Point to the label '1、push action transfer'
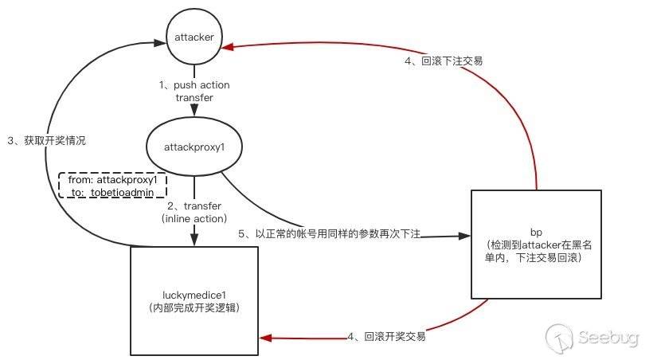(194, 91)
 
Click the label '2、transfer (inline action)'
(194, 212)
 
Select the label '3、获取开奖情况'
(46, 140)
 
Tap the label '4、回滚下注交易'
(444, 61)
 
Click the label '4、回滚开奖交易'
(386, 336)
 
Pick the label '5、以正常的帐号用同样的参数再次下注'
(329, 233)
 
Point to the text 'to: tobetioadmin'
(112, 192)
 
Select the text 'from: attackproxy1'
(112, 180)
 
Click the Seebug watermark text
(608, 337)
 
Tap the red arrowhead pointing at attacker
(228, 46)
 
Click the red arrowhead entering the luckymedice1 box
(265, 338)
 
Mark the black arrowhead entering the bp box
(464, 236)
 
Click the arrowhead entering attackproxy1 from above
(194, 110)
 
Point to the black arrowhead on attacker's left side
(160, 42)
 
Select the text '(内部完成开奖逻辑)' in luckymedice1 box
(194, 307)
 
